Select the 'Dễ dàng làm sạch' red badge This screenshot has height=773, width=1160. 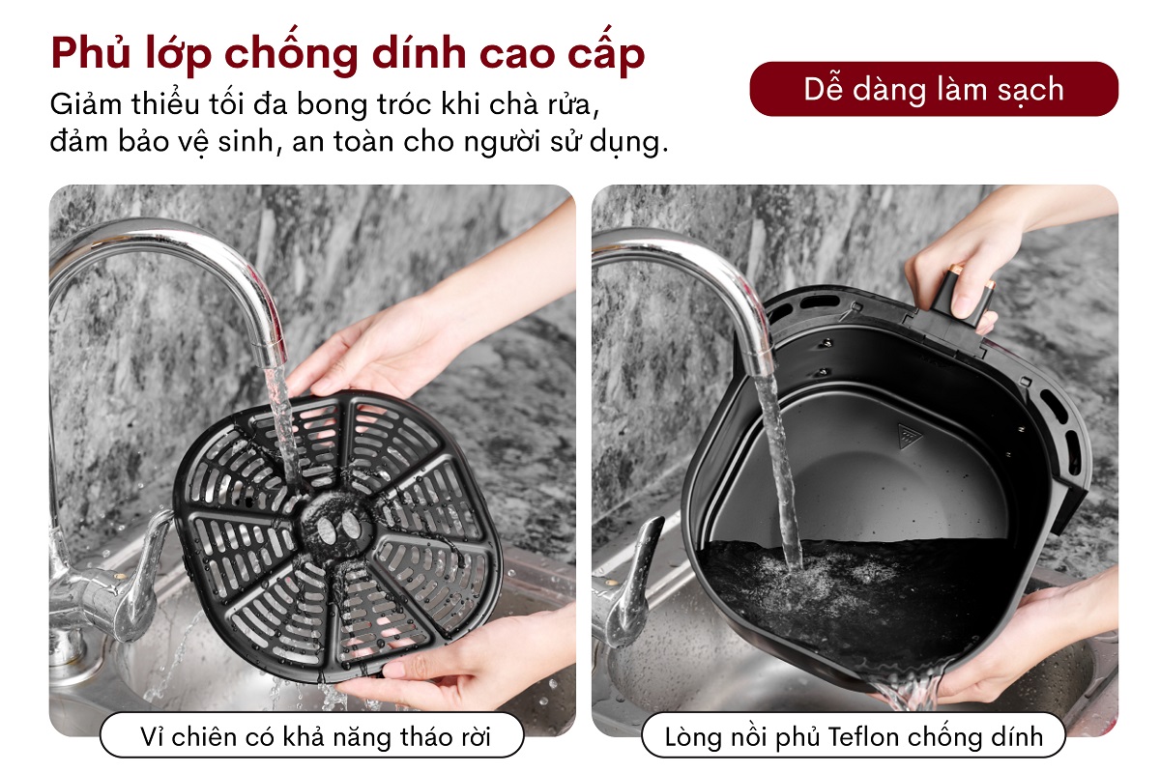[933, 89]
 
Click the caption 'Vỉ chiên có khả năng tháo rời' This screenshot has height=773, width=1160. [312, 737]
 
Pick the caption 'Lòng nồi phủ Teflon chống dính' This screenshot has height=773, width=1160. [854, 737]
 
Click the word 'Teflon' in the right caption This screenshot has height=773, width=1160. [867, 737]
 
